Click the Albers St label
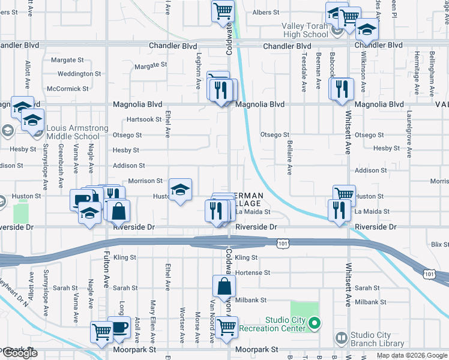tap(266, 12)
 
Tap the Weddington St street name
tap(79, 74)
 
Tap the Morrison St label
tap(145, 181)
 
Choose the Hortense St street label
tap(253, 272)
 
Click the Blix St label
tap(440, 245)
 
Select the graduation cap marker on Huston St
tap(180, 190)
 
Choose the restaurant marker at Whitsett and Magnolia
tap(342, 88)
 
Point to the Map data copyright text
tap(411, 355)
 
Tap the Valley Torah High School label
tap(306, 30)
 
